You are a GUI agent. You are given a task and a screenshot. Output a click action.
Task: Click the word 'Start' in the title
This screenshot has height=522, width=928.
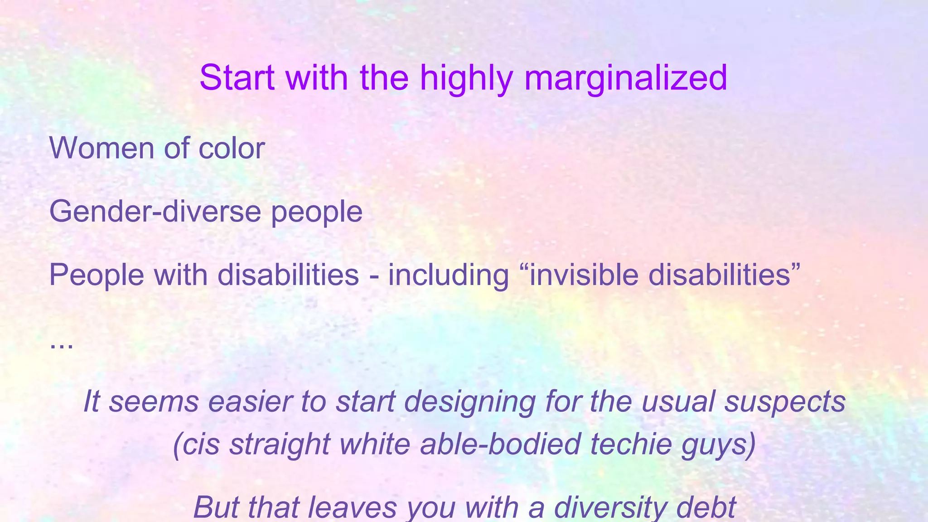point(237,77)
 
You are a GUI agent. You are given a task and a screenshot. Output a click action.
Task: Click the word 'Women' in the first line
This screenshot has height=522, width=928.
point(101,148)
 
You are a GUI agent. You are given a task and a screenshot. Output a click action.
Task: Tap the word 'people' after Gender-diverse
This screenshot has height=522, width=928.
point(317,212)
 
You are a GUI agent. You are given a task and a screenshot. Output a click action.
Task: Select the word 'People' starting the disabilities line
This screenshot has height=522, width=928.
point(97,275)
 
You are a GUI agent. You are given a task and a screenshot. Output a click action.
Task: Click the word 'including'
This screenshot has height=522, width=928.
point(449,275)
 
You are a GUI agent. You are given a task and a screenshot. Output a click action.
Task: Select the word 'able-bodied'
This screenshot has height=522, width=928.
point(500,444)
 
